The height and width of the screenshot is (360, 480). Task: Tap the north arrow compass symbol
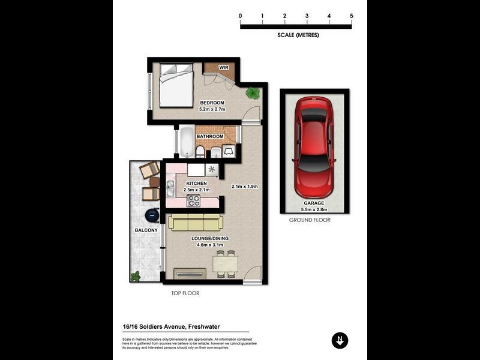[340, 340]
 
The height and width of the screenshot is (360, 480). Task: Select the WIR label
[223, 68]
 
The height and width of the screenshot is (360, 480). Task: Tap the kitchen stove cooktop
[194, 200]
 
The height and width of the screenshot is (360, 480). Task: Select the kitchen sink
[170, 188]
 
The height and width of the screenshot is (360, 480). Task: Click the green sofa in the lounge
[194, 223]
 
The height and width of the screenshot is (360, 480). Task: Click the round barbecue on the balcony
[153, 214]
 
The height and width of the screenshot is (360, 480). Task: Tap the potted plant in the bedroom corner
[253, 93]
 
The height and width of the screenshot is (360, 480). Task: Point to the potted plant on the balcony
[136, 277]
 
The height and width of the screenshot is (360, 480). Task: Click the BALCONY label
[146, 230]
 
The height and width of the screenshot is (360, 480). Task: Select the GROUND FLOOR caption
[310, 220]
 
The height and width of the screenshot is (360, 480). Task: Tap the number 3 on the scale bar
[307, 16]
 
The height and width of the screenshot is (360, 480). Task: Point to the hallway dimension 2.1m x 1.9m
[245, 187]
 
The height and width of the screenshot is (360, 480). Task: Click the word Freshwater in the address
[209, 326]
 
